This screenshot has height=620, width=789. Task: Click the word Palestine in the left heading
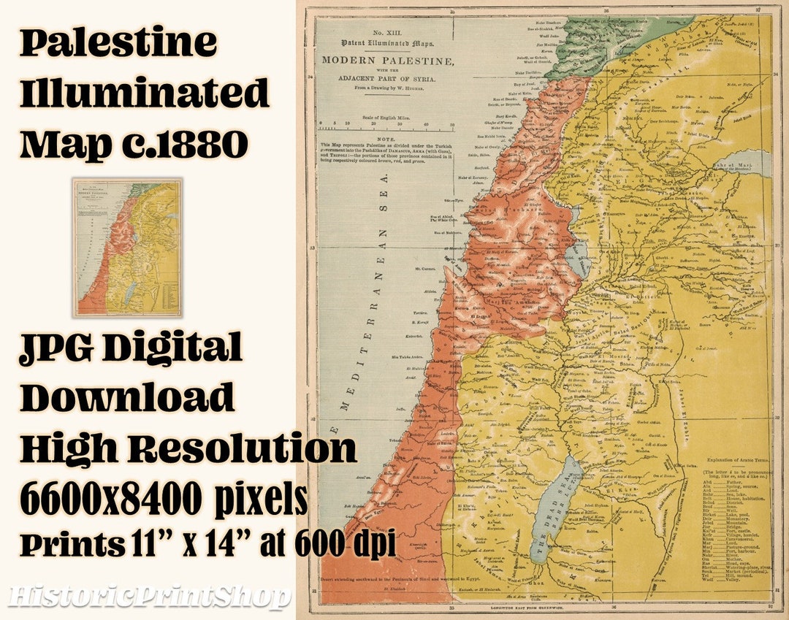tap(119, 43)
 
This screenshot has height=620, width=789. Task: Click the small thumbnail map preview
tap(127, 248)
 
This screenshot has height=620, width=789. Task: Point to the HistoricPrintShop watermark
tap(149, 597)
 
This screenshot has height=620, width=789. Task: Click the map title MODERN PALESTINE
tap(387, 60)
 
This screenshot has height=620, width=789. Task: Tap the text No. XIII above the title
tap(388, 34)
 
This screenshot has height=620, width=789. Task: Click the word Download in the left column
tap(127, 397)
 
